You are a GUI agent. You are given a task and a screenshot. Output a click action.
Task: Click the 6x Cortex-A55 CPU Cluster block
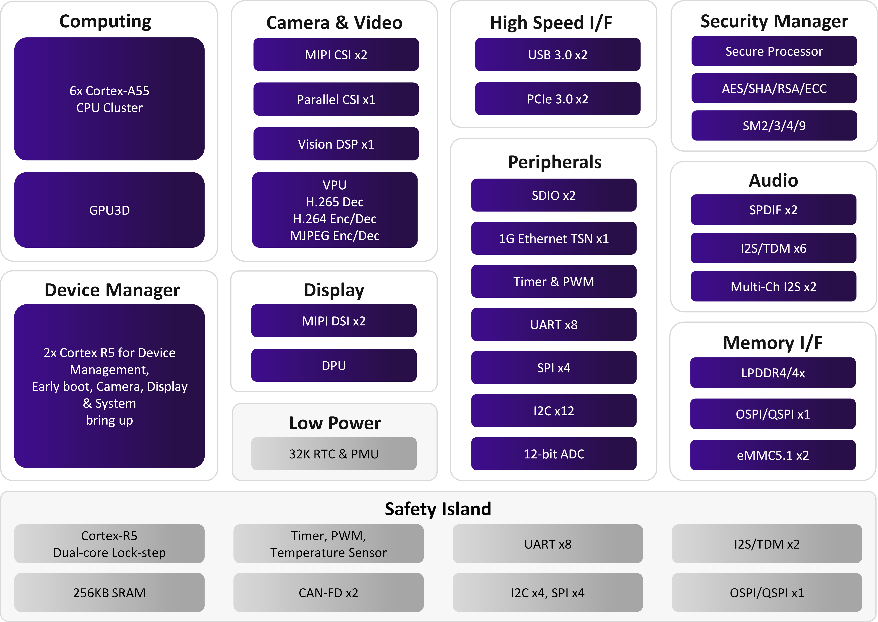109,99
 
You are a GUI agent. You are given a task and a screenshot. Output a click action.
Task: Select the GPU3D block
109,210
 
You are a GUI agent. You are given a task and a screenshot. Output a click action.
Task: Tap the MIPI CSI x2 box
336,54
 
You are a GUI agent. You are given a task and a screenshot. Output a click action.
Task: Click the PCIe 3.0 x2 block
557,99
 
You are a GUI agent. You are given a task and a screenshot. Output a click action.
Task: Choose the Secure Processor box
774,51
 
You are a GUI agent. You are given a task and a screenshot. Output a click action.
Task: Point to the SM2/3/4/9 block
774,125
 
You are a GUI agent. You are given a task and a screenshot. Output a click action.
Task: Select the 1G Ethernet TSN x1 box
554,238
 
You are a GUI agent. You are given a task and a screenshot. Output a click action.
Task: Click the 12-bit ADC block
554,453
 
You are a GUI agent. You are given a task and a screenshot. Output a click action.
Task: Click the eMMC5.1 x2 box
773,455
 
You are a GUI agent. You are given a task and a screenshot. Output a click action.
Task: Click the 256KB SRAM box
109,593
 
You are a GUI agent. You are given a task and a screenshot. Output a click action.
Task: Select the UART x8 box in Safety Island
548,544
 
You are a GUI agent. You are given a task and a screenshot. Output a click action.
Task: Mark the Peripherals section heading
554,162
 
